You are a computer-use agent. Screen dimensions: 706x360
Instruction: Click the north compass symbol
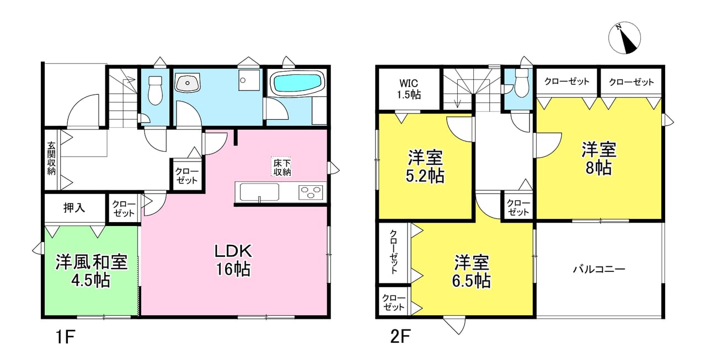click(x=624, y=38)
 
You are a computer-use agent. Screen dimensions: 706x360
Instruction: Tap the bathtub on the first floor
click(x=298, y=83)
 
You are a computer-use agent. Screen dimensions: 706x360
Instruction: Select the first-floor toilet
click(x=155, y=90)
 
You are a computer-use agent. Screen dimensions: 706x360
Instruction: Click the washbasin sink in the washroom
click(x=188, y=83)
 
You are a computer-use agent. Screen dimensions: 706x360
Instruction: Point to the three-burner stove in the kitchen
click(x=311, y=192)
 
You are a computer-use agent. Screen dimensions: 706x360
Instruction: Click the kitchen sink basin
click(x=259, y=192)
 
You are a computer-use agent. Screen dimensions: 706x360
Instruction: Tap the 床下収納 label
click(x=282, y=167)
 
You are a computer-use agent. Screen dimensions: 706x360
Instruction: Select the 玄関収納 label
click(x=52, y=158)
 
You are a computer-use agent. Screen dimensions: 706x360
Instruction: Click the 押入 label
click(x=74, y=207)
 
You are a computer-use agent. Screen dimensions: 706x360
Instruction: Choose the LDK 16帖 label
click(x=233, y=260)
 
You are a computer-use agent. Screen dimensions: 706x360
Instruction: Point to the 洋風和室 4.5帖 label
click(x=92, y=271)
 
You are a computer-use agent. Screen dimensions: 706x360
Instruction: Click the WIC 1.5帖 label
click(x=409, y=89)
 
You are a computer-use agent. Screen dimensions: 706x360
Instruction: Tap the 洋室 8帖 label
click(x=599, y=158)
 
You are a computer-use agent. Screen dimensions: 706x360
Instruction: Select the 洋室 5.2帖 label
click(x=425, y=166)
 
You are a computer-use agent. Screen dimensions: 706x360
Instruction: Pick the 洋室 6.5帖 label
click(x=472, y=271)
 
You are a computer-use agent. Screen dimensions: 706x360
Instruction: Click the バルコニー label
click(x=599, y=269)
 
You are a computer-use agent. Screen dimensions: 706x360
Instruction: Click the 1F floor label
click(x=65, y=337)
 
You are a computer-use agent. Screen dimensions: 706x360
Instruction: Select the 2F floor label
click(x=400, y=337)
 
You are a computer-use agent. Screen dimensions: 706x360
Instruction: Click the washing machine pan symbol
click(x=249, y=80)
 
